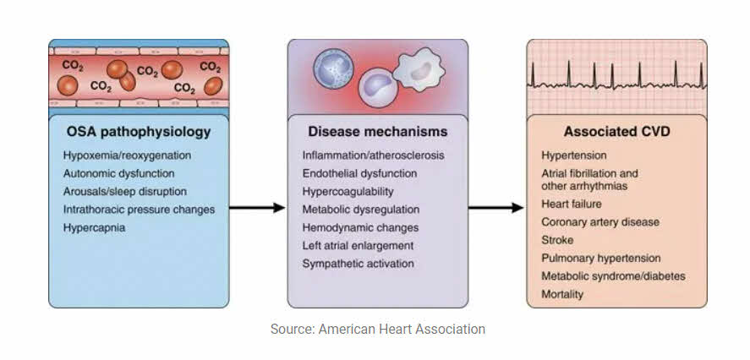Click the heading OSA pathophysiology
(x=138, y=133)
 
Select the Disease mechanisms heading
(x=377, y=133)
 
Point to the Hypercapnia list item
(x=94, y=227)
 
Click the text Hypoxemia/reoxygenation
(x=127, y=156)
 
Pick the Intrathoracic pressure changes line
(x=139, y=210)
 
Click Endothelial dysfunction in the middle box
(x=359, y=174)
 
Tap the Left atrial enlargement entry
(x=359, y=245)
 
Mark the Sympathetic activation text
(x=359, y=263)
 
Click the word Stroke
(x=557, y=240)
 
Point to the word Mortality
(x=562, y=293)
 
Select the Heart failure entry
(x=572, y=205)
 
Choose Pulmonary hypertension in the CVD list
(x=601, y=258)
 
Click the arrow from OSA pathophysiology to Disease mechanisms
(x=257, y=208)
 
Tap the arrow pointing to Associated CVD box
(x=496, y=208)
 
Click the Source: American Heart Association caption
(x=378, y=329)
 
